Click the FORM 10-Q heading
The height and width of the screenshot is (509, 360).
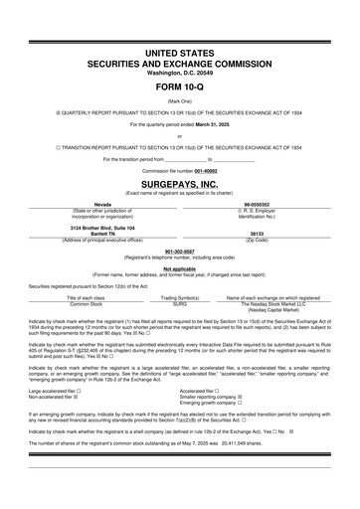coord(180,86)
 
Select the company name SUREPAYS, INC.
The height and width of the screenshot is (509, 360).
coord(180,184)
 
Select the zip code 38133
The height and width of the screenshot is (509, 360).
coord(263,235)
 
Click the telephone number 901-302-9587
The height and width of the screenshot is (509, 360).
coord(180,252)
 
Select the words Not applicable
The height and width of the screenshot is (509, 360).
coord(180,268)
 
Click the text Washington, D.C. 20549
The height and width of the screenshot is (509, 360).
coord(180,73)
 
